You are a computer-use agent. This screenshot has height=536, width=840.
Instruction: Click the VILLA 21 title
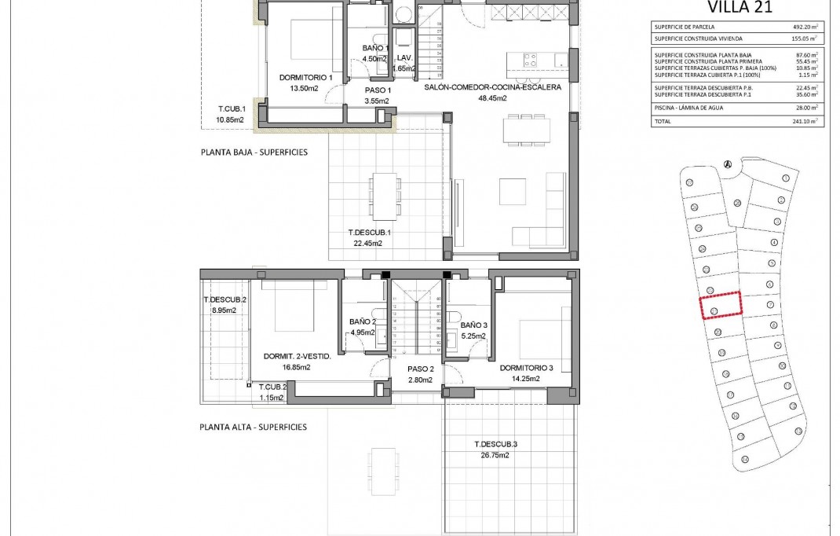pyautogui.click(x=740, y=8)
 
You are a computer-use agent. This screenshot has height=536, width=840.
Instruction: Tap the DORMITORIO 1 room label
pyautogui.click(x=307, y=78)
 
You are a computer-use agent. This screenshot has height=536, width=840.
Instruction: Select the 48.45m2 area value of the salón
pyautogui.click(x=492, y=99)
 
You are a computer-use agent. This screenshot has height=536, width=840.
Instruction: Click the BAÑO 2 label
pyautogui.click(x=363, y=321)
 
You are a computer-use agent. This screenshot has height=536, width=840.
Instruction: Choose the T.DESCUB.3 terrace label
pyautogui.click(x=496, y=444)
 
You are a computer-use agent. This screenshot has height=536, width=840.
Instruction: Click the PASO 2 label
pyautogui.click(x=421, y=369)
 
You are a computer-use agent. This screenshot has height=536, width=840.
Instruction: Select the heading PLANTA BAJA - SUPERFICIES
pyautogui.click(x=254, y=152)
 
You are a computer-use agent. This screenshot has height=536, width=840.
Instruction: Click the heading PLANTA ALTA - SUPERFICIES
pyautogui.click(x=254, y=428)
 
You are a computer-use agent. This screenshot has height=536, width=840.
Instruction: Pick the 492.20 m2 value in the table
pyautogui.click(x=804, y=26)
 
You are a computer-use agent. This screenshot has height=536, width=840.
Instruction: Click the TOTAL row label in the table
pyautogui.click(x=663, y=122)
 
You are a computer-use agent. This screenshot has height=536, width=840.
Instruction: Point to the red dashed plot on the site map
pyautogui.click(x=721, y=304)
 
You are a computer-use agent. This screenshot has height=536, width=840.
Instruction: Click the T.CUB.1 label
pyautogui.click(x=232, y=108)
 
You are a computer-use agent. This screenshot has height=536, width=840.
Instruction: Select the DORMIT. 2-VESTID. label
pyautogui.click(x=298, y=356)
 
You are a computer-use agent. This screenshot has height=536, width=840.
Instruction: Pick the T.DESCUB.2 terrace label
pyautogui.click(x=225, y=299)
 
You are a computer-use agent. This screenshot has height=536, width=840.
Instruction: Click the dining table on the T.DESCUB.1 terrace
pyautogui.click(x=384, y=196)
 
